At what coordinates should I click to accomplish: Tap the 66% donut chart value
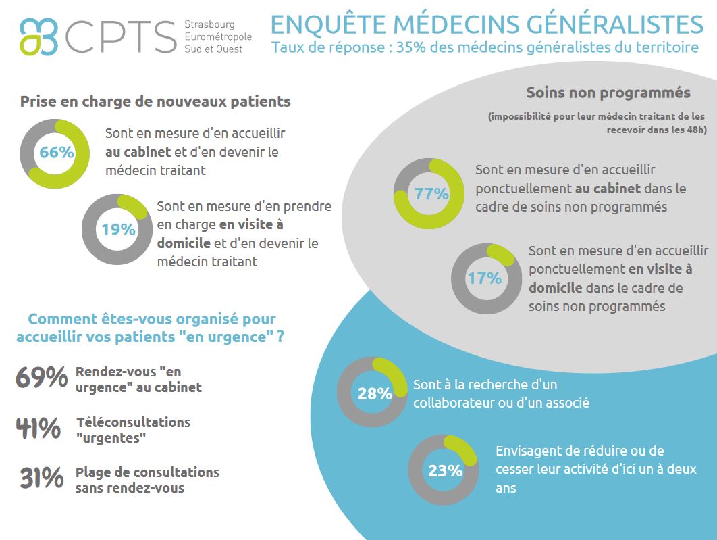coord(56,153)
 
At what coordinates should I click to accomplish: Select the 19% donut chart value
coord(118,230)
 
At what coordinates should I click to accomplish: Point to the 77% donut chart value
coord(431,194)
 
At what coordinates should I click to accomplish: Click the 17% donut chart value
coord(485,278)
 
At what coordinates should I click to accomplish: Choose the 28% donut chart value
coord(375,393)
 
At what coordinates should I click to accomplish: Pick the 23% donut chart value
coord(445,470)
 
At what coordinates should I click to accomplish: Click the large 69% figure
coord(41,378)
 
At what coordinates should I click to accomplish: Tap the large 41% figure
coord(39,428)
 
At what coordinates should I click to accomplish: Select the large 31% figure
coord(41,478)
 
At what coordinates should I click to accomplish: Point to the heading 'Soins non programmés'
coord(608,93)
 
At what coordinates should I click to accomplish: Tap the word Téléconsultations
coord(133,422)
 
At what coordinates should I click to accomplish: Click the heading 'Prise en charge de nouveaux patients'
coord(155,101)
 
